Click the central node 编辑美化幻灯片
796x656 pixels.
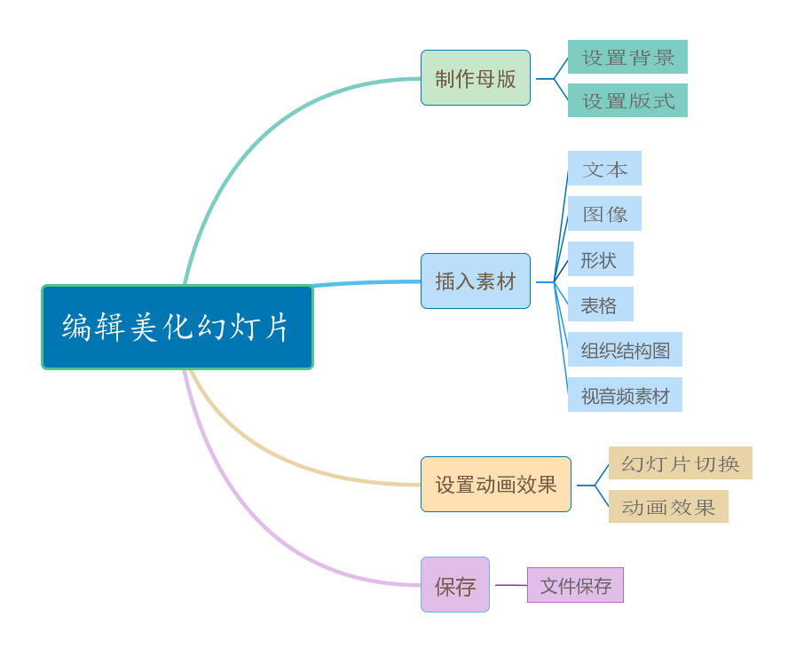click(177, 327)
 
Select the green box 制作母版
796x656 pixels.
click(476, 78)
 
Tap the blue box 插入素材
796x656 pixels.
click(476, 281)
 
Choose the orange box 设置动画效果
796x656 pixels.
click(495, 485)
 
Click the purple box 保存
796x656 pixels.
click(455, 585)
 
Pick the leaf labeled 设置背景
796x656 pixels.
click(627, 57)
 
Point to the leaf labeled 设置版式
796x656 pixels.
click(627, 100)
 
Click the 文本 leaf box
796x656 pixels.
click(604, 169)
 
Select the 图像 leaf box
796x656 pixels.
click(604, 214)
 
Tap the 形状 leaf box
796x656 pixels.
click(600, 259)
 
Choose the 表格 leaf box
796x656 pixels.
click(600, 304)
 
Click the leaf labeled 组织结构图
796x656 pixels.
click(625, 350)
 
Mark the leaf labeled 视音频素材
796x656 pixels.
click(625, 395)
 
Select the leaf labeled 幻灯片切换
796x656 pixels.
click(680, 463)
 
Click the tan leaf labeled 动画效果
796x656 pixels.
click(668, 507)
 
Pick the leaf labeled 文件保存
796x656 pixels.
click(575, 586)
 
